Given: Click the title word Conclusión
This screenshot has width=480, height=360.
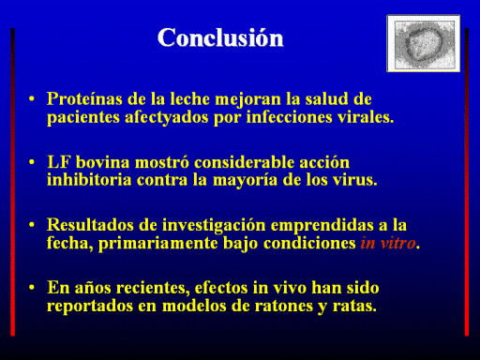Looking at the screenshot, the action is click(220, 37).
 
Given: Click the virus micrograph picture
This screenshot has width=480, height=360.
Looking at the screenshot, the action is click(423, 43).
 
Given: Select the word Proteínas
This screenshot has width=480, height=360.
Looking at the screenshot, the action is click(84, 98).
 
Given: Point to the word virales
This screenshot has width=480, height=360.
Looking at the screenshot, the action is click(366, 117).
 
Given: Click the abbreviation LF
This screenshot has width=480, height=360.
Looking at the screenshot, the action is click(59, 162).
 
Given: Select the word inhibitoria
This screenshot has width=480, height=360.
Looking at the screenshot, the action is click(89, 180).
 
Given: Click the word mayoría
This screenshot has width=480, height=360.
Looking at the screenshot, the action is click(246, 181).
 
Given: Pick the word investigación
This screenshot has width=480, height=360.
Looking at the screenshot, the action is click(214, 226).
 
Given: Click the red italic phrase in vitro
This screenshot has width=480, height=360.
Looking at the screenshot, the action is click(388, 243).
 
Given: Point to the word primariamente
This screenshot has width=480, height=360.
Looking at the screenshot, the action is click(158, 244).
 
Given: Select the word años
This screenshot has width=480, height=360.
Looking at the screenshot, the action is click(93, 288).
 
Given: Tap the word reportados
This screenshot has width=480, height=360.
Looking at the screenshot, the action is click(90, 307).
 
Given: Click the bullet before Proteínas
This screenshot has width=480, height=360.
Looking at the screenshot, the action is click(32, 99).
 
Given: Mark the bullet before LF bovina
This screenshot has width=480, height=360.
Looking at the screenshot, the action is click(32, 162).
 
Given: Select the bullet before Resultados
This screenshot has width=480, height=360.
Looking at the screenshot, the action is click(32, 225).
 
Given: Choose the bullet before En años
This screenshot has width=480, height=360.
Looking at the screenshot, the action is click(32, 287).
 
